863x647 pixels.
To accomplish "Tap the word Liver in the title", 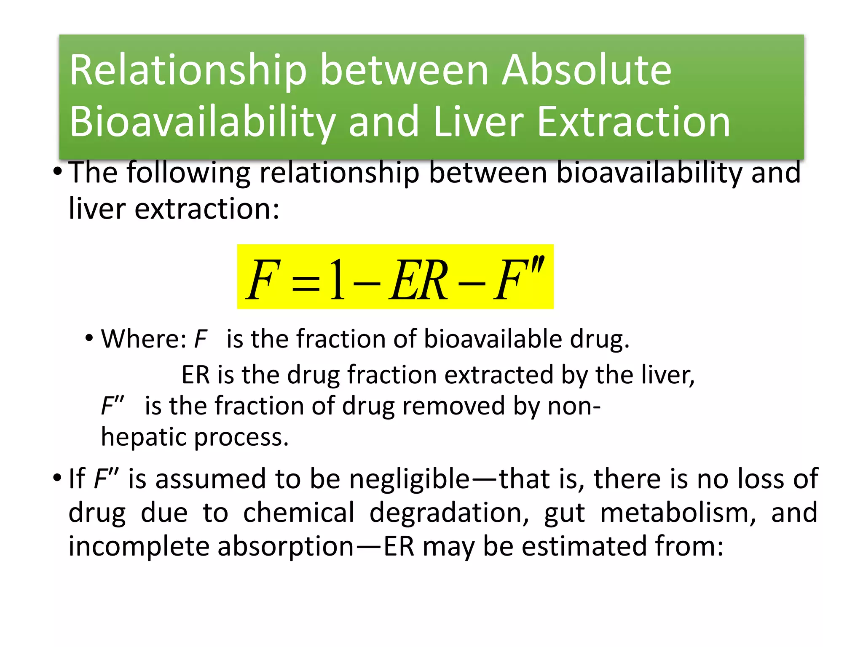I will click(478, 122).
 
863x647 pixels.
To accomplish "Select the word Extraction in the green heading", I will click(634, 122).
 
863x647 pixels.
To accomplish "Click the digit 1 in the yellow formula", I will click(338, 280).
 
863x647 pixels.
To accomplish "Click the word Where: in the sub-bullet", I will click(144, 339).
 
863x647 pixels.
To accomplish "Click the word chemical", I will click(299, 513).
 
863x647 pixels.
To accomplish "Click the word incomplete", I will click(139, 547).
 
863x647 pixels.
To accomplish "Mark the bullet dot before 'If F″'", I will click(57, 479).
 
